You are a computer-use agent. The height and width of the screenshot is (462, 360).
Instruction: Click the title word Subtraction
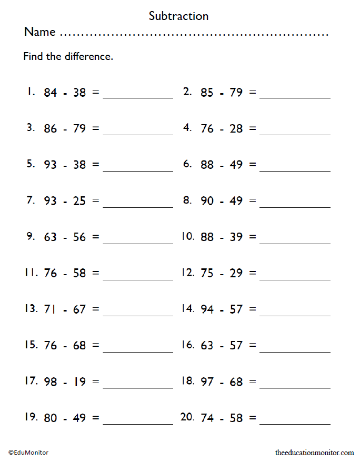[x=178, y=16]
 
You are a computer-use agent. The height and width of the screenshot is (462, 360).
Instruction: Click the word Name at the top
[x=39, y=32]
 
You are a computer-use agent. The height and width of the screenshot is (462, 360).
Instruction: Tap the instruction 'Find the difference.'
[x=68, y=56]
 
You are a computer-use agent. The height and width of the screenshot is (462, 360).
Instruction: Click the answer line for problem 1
[x=138, y=97]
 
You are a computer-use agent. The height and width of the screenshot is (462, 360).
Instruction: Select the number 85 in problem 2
[x=207, y=93]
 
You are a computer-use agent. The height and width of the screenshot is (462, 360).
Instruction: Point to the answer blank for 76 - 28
[x=295, y=134]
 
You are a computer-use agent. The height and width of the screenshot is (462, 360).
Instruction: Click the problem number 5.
[x=30, y=164]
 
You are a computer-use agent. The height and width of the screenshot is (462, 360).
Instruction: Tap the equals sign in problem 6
[x=253, y=165]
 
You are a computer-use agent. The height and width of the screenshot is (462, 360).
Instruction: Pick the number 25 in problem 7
[x=79, y=201]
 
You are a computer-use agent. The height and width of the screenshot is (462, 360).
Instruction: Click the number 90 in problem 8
[x=207, y=201]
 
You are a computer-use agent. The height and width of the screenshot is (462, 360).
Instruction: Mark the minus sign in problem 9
[x=65, y=237]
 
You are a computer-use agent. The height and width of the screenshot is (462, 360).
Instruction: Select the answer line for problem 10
[x=295, y=243]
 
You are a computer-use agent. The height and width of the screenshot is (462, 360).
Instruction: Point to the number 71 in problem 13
[x=50, y=309]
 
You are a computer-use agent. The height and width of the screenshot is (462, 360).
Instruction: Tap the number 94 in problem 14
[x=207, y=309]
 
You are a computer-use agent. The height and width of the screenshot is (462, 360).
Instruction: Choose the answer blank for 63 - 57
[x=295, y=351]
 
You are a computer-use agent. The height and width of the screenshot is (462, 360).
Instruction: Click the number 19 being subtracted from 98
[x=79, y=381]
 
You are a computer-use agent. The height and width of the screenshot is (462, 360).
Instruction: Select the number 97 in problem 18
[x=207, y=381]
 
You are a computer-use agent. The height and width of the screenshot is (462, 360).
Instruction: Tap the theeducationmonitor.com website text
[x=315, y=452]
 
